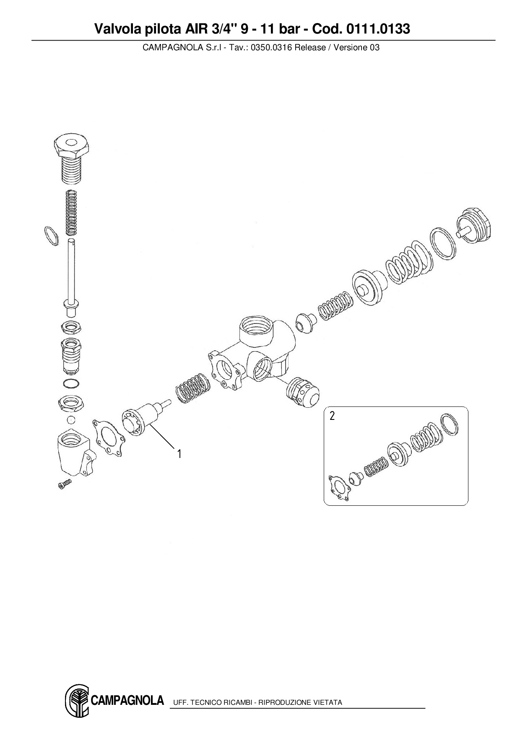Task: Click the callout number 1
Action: [179, 454]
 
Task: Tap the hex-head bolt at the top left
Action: [72, 159]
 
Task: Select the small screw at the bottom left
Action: [64, 484]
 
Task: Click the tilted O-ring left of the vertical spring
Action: [51, 236]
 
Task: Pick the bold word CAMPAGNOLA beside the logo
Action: [127, 701]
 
